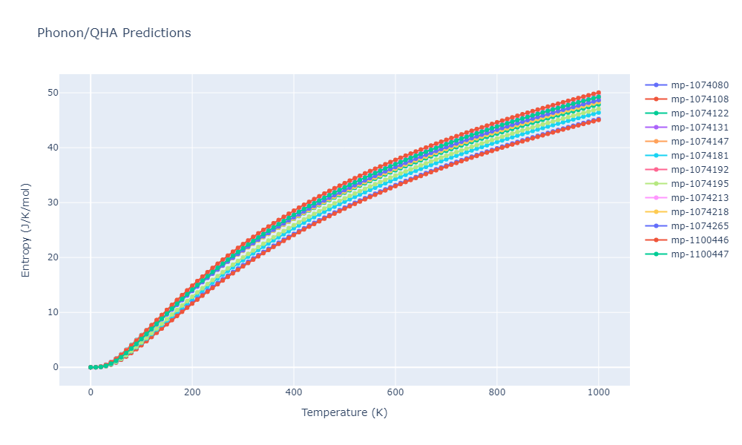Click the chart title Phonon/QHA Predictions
point(114,33)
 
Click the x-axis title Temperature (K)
point(344,412)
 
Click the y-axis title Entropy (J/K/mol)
point(26,230)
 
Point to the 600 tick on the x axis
point(395,392)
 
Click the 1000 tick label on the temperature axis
point(599,392)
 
